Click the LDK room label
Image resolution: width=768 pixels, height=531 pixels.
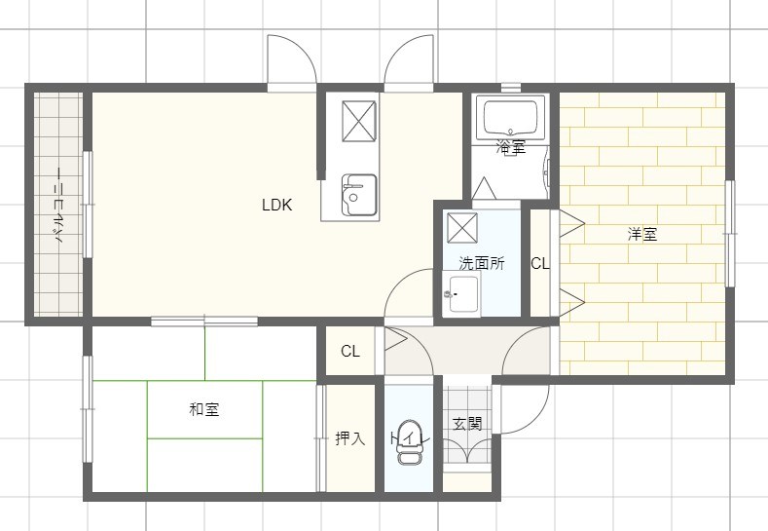[276, 206]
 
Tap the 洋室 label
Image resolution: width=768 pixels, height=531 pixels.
[641, 235]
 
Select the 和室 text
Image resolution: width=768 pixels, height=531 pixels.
[203, 410]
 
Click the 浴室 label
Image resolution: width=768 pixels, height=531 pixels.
[510, 148]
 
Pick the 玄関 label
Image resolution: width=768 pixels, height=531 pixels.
[467, 424]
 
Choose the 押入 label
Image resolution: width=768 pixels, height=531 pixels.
[349, 439]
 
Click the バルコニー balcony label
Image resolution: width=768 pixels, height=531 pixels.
[58, 206]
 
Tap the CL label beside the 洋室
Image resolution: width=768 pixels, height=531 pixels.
[539, 263]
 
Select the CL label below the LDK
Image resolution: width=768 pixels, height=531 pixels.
[349, 352]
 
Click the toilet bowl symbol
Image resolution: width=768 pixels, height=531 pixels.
[411, 453]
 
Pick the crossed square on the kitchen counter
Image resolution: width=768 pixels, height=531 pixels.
[357, 121]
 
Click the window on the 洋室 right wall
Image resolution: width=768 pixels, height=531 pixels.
[730, 234]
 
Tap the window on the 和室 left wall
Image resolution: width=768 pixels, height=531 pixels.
[88, 409]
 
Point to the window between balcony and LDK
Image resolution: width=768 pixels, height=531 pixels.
[88, 205]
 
